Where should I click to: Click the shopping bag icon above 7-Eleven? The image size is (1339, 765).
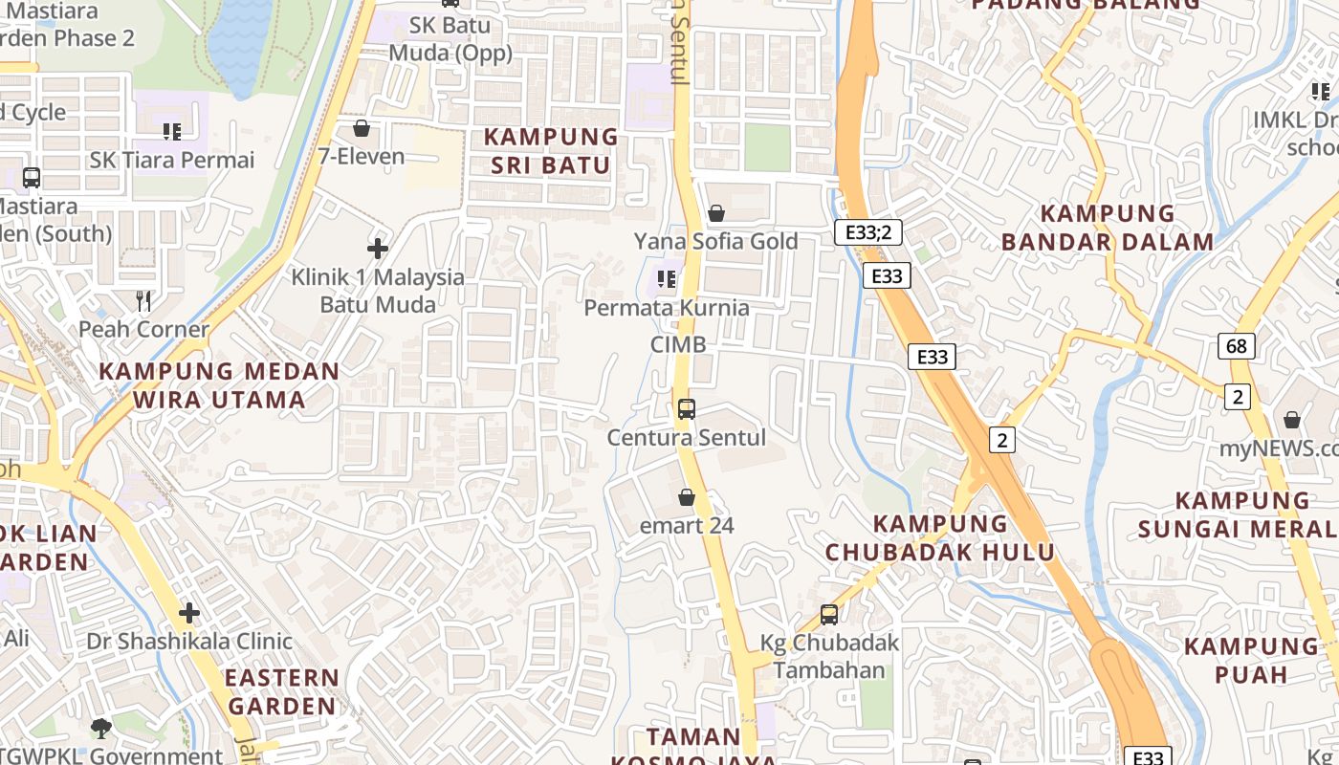pos(362,128)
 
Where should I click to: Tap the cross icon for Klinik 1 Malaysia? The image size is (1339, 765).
pos(378,250)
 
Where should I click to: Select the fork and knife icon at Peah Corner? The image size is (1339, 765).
pos(143,302)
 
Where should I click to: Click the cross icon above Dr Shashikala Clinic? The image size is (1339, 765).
pos(189,612)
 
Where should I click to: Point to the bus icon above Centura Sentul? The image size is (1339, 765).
pos(686,409)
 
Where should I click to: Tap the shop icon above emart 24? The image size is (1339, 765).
pos(686,497)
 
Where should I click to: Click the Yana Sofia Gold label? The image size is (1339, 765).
pos(715,241)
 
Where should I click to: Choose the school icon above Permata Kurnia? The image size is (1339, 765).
pos(667,279)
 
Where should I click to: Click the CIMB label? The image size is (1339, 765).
pos(678,344)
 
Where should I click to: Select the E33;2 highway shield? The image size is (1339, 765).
pos(867,232)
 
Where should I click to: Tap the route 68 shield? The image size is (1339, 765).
pos(1236,346)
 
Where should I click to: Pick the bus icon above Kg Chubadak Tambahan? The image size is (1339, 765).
pos(829,615)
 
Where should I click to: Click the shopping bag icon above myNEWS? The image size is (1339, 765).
pos(1292,420)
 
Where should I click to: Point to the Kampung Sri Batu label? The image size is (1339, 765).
pos(550,151)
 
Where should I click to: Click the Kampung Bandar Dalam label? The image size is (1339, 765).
pos(1108,228)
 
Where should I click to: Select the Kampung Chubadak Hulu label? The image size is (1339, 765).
pos(940,537)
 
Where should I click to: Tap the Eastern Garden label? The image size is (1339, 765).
pos(282,692)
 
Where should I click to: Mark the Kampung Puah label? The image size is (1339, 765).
pos(1251,660)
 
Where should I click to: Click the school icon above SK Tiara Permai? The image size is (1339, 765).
pos(172,131)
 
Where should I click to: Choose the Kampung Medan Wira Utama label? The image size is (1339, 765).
pos(219,384)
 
